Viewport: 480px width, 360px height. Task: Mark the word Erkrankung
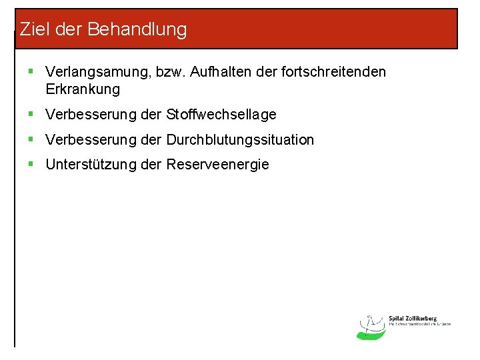pos(83,89)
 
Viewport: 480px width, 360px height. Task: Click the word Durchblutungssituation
pos(240,140)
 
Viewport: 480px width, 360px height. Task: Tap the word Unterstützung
pos(91,165)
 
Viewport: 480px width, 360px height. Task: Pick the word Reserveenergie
pos(218,165)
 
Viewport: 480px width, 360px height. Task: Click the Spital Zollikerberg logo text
pos(413,319)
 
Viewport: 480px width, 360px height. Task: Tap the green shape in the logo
pos(371,335)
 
